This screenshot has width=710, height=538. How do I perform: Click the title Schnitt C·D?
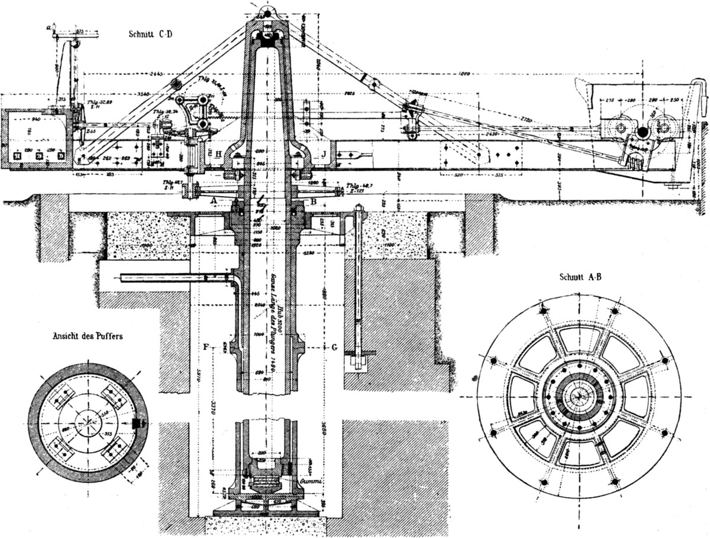click(151, 33)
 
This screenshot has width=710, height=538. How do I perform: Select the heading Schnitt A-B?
click(580, 277)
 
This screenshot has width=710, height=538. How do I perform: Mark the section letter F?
click(205, 346)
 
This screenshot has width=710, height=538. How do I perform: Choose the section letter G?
click(334, 346)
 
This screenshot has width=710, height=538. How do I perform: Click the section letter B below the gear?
click(314, 201)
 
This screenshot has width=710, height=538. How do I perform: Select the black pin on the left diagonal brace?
click(175, 83)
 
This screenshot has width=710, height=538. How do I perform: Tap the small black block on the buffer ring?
click(137, 422)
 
